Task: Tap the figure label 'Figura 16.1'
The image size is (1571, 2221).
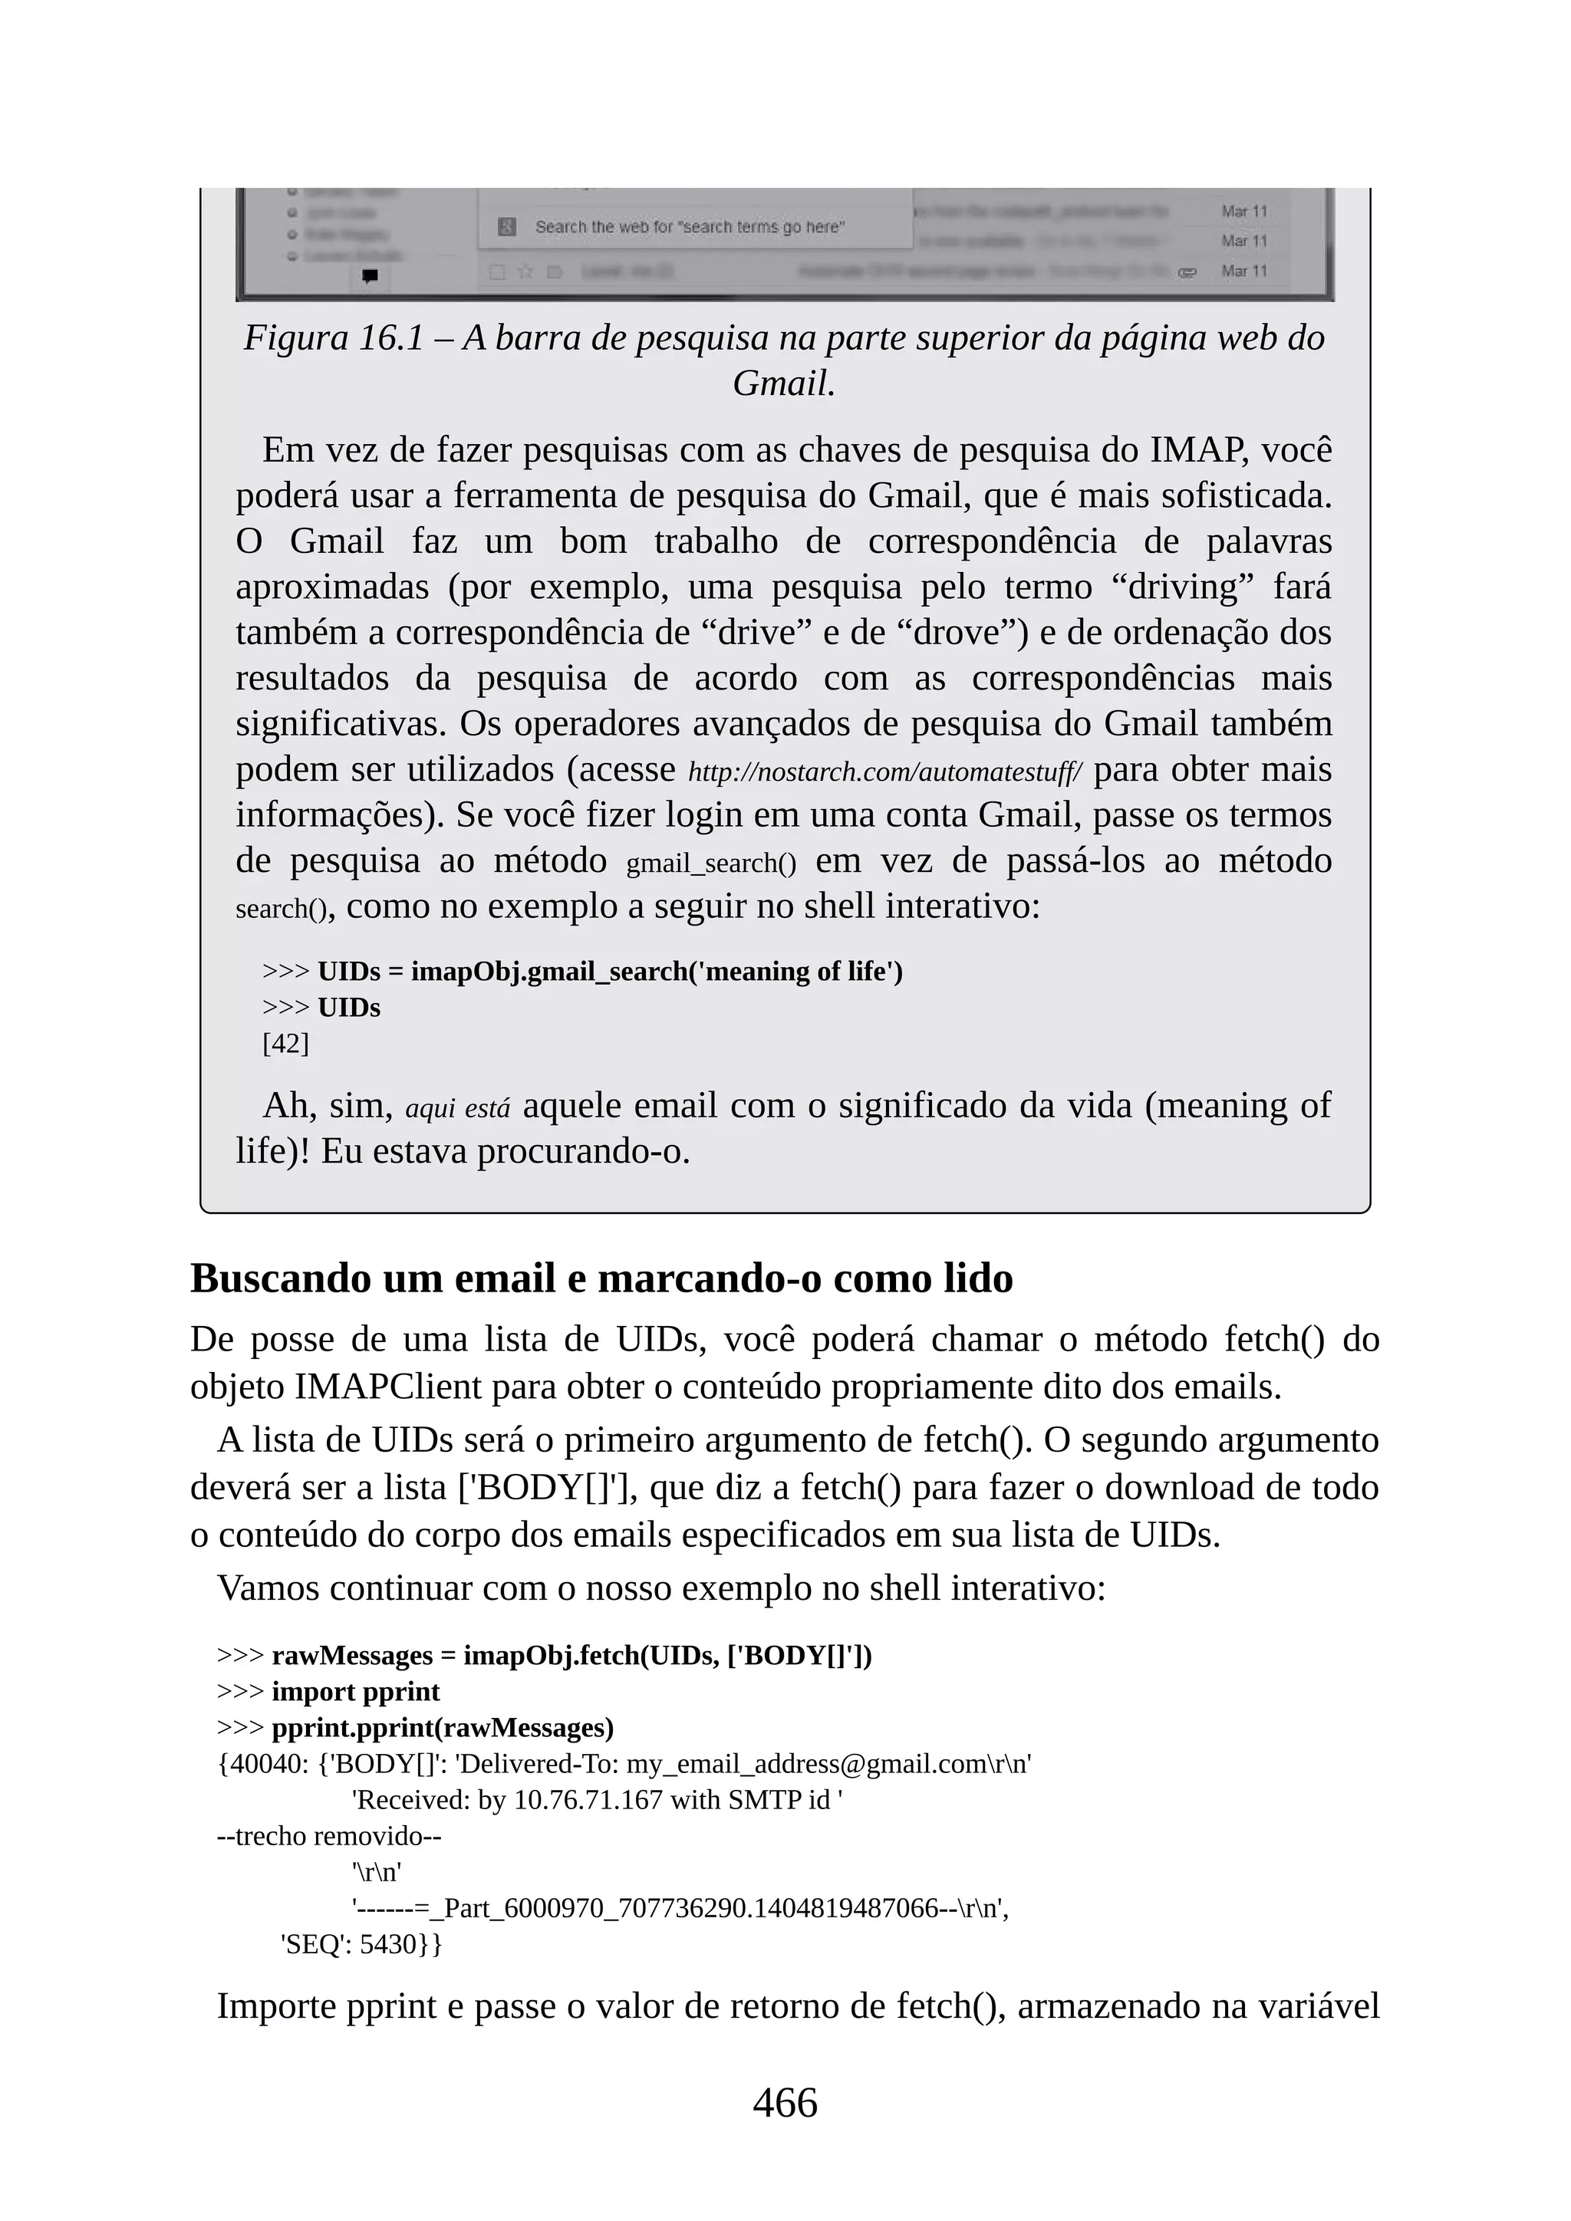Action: point(333,338)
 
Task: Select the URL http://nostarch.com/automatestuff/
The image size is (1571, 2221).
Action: point(885,773)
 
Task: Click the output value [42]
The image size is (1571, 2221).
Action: point(285,1044)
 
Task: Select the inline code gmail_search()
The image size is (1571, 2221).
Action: point(711,863)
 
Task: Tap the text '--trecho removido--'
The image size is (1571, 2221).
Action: point(329,1836)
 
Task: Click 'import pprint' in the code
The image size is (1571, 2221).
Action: point(355,1692)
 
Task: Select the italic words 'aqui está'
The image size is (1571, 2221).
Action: point(456,1108)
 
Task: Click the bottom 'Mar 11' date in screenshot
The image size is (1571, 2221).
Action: point(1243,271)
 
